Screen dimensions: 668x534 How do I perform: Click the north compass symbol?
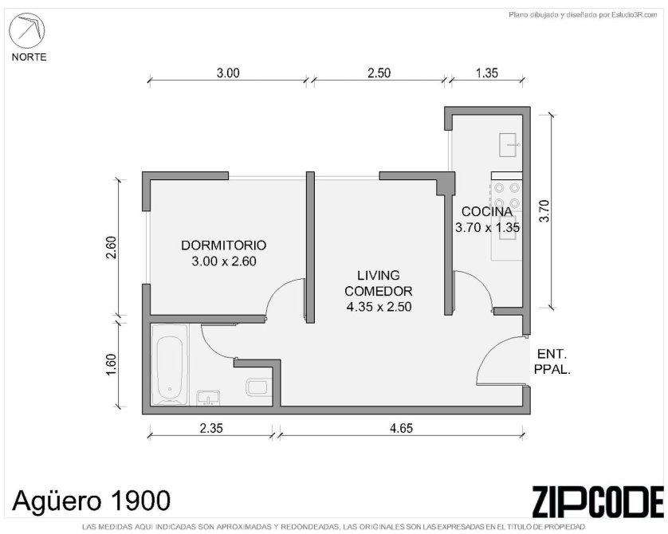click(x=27, y=30)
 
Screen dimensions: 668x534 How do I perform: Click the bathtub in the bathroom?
click(x=170, y=364)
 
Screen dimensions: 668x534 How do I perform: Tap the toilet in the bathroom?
click(x=258, y=387)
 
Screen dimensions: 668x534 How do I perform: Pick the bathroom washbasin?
click(x=208, y=397)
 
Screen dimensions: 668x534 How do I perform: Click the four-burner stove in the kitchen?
click(x=507, y=194)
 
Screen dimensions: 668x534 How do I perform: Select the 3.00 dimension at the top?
click(x=228, y=73)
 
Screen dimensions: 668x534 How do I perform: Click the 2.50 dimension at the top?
click(x=379, y=73)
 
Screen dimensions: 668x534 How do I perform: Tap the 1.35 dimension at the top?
click(x=486, y=73)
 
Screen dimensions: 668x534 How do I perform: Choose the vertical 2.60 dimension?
click(x=111, y=247)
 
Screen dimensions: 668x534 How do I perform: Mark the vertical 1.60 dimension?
click(x=111, y=364)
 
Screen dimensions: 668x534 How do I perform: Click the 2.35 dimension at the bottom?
click(x=211, y=427)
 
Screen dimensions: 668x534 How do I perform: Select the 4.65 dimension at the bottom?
click(x=401, y=427)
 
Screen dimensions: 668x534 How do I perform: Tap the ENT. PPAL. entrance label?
click(x=552, y=362)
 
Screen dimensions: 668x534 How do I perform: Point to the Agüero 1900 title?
click(x=92, y=500)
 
